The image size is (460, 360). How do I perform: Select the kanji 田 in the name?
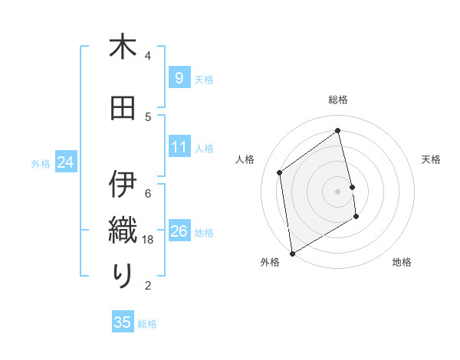point(123,108)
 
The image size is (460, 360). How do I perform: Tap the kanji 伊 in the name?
point(123,185)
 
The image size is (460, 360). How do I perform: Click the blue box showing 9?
point(179,77)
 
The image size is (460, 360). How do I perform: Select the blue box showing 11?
point(179,146)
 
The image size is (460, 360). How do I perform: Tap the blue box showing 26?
point(179,231)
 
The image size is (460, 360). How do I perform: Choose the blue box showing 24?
point(65,162)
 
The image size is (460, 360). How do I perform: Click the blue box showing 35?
point(123,322)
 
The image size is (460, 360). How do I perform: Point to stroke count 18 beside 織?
point(149,239)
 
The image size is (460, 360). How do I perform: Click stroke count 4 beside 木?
point(148,55)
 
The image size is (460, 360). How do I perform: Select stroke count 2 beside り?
point(148,285)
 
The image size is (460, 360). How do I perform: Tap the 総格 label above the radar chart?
point(338,100)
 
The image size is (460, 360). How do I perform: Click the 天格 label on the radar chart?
point(432,159)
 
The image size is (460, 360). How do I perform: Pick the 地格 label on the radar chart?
point(402,262)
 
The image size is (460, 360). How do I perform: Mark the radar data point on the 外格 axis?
point(291,253)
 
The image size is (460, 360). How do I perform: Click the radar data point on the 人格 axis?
point(280,172)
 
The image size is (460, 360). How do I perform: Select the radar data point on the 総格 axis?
point(338,130)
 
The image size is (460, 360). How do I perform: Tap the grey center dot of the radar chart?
point(338,191)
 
